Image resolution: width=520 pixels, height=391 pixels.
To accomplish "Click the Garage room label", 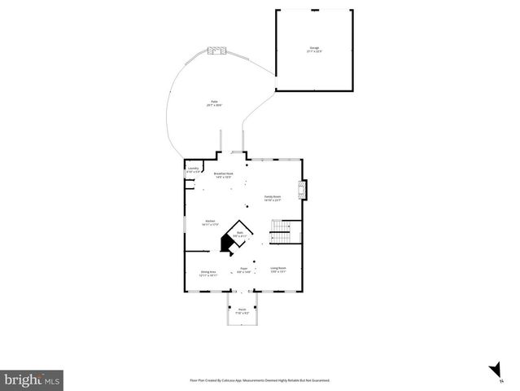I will tap(314, 47).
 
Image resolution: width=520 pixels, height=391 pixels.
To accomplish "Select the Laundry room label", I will tap(193, 169).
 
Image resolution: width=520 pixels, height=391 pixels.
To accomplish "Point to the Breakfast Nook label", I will tap(224, 174).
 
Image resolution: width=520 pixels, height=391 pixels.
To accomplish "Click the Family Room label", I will tap(272, 196).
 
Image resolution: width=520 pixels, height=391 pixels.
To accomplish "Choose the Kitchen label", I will tap(210, 221).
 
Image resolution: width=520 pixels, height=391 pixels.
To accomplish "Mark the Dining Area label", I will tap(208, 272).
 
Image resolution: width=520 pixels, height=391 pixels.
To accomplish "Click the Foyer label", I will tap(243, 269).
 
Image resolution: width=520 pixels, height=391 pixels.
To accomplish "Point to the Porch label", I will tap(242, 310).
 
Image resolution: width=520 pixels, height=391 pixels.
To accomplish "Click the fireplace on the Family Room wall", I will tap(303, 190).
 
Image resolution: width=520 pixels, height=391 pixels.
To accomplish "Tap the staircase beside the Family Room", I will tap(281, 232).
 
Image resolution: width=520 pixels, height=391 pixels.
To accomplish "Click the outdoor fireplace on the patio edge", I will tap(215, 51).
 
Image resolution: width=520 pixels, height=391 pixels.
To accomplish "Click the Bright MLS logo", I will tap(33, 380).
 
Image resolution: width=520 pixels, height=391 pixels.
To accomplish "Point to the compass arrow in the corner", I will tap(494, 371).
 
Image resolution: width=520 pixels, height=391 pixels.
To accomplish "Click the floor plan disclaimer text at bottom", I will tap(260, 380).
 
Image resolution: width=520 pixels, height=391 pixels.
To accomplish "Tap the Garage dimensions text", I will tap(314, 51).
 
